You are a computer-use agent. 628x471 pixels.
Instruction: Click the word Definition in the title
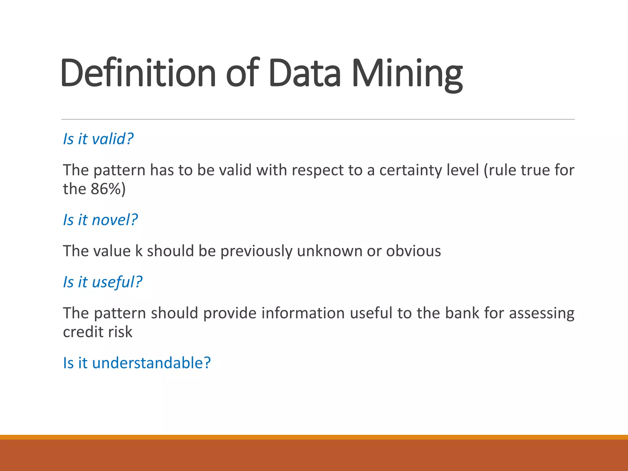(x=138, y=73)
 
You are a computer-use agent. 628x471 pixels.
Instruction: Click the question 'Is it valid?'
(x=98, y=139)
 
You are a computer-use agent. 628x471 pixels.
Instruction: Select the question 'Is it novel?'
(x=100, y=220)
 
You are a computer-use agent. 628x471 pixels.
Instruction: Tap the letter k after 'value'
(x=139, y=251)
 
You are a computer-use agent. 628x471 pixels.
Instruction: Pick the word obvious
(x=413, y=251)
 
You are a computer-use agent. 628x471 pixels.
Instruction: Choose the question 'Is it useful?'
(x=102, y=282)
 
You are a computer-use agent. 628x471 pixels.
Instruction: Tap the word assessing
(x=542, y=313)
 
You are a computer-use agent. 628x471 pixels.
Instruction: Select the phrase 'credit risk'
(x=98, y=332)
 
